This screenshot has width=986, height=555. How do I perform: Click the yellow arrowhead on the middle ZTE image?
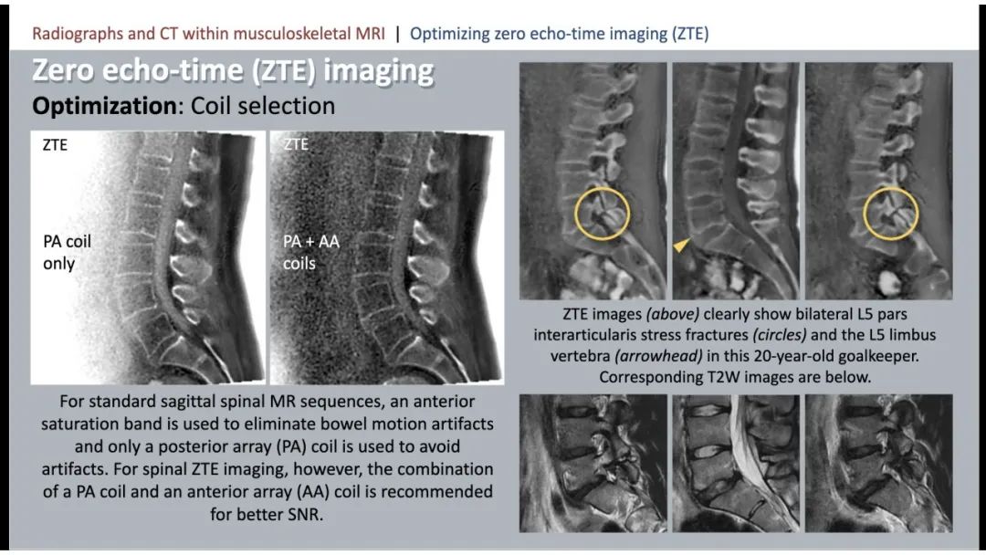681,246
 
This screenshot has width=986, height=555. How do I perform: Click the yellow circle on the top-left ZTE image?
575,214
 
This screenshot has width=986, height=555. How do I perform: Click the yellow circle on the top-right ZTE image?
864,214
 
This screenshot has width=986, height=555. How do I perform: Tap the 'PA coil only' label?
67,252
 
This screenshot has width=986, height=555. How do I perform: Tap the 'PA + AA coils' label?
310,252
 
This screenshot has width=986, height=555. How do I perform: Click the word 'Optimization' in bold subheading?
104,106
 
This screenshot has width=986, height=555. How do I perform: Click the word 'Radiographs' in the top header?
78,33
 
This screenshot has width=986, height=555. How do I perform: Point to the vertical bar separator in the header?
397,33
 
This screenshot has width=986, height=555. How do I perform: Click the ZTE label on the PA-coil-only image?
55,144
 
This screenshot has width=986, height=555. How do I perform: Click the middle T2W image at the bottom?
736,464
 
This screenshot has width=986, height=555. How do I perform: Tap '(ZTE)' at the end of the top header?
690,33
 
